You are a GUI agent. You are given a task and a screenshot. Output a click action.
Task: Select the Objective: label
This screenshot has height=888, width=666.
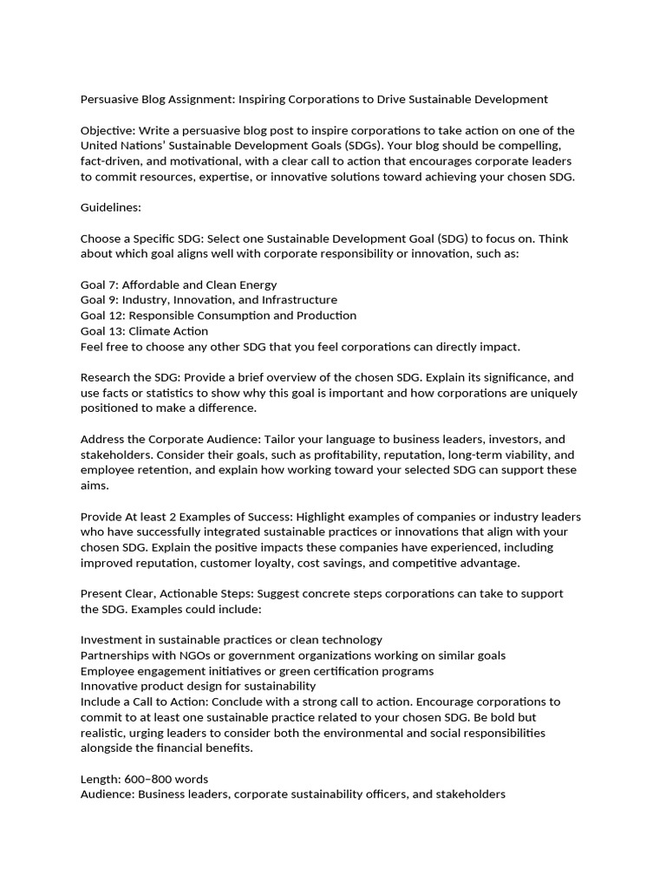[x=109, y=130]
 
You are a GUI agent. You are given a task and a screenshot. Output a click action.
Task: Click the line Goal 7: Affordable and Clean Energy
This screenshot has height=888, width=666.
[x=179, y=284]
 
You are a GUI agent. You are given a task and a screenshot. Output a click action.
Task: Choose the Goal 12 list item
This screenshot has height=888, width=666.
[x=218, y=316]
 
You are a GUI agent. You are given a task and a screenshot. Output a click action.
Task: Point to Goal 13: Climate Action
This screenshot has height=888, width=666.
[x=144, y=331]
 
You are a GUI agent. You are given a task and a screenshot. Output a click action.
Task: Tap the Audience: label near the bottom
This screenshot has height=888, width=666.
[x=108, y=794]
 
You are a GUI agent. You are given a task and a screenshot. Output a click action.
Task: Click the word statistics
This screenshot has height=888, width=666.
[x=164, y=393]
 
